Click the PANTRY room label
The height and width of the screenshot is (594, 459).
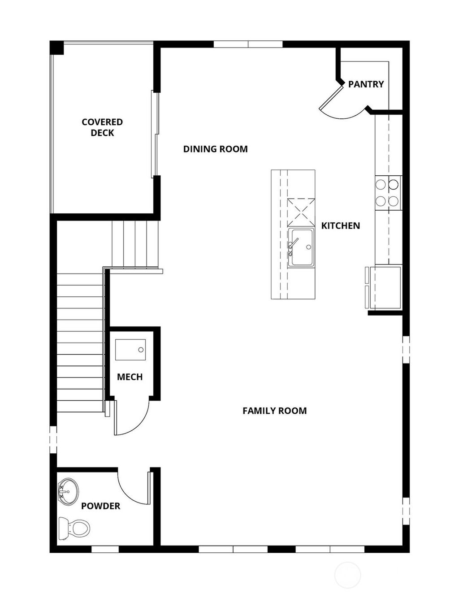click(366, 84)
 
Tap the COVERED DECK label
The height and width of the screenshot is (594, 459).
click(102, 127)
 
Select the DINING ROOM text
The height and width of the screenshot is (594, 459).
click(215, 149)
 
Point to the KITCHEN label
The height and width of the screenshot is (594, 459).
click(340, 225)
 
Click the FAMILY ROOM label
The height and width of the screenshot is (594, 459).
click(274, 411)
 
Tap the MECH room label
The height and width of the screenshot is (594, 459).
click(130, 377)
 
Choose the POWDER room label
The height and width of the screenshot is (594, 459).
click(100, 506)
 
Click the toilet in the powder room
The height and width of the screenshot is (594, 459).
click(74, 528)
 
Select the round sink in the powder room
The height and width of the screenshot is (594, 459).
click(68, 492)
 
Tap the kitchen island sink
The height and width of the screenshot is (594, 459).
click(301, 247)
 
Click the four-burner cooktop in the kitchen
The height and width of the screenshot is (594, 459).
click(388, 193)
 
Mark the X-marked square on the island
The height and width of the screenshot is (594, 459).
click(300, 211)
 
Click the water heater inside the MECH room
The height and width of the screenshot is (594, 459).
click(130, 350)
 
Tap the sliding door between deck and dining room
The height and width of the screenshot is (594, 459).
click(155, 133)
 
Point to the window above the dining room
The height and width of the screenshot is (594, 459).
click(248, 44)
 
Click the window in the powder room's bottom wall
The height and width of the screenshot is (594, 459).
click(105, 549)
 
